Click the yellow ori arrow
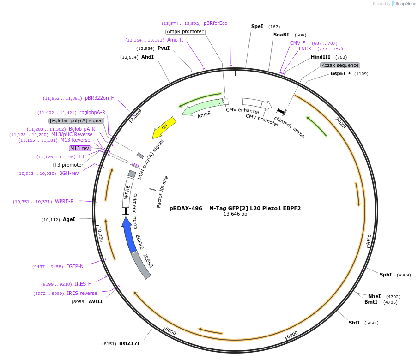164,127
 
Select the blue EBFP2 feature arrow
129,235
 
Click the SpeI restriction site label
257,26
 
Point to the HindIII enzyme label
321,57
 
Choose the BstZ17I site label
129,343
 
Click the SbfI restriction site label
354,323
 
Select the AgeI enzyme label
69,219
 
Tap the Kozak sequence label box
340,65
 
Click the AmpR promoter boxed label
185,31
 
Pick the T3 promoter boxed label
69,165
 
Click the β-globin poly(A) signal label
77,120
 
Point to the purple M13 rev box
79,148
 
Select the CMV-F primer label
297,43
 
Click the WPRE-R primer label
64,201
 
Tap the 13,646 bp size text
235,214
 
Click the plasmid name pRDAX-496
186,208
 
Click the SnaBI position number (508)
301,35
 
